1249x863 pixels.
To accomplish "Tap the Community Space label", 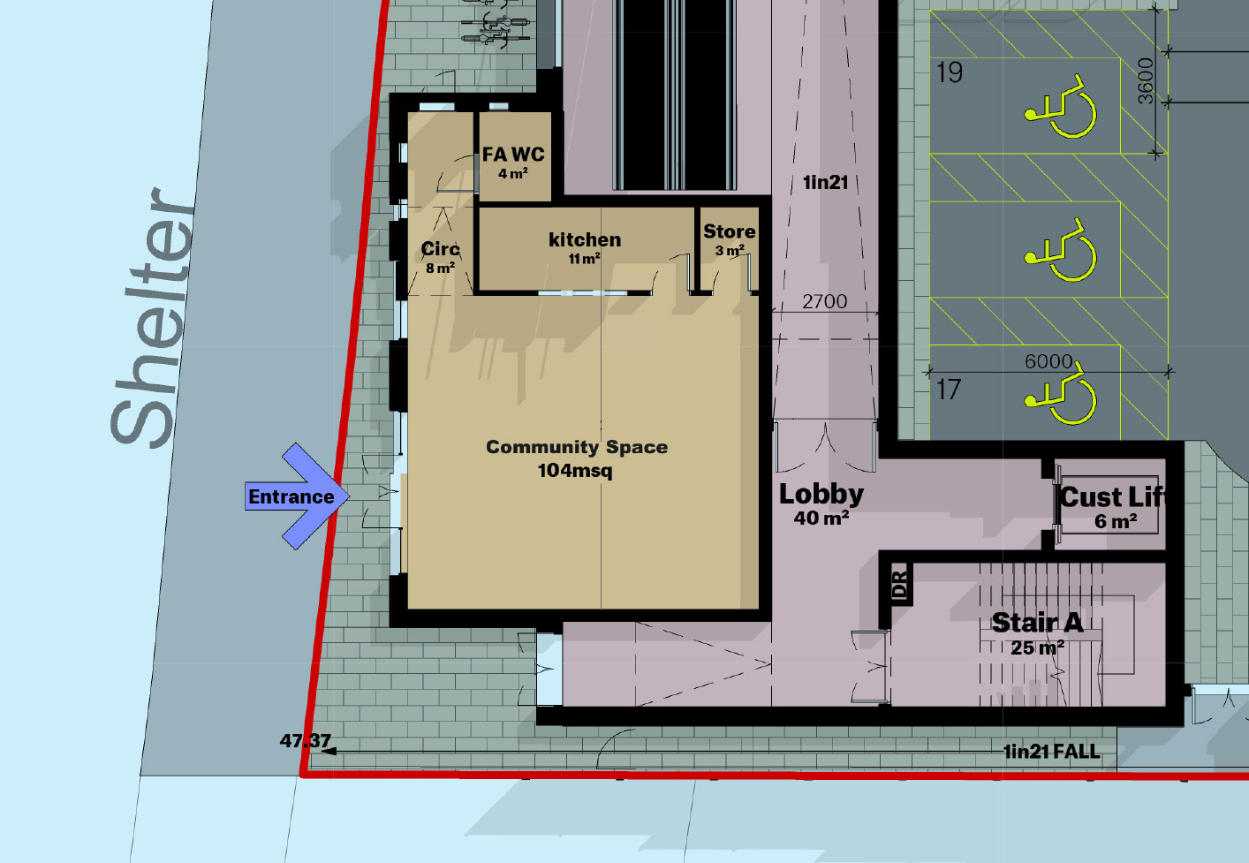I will tap(577, 447).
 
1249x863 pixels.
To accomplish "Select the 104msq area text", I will tap(575, 471).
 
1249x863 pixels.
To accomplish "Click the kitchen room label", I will tap(585, 239).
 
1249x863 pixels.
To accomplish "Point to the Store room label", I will tap(729, 231).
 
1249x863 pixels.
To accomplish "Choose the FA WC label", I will tap(513, 155).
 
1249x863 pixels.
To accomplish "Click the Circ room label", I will tap(440, 249).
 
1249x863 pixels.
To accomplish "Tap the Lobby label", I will tap(821, 495).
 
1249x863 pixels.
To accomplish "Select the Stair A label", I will tap(1037, 623).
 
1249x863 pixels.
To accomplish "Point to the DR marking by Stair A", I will tap(900, 586).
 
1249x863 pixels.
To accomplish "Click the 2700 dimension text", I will tap(824, 302).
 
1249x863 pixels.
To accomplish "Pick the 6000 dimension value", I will tap(1048, 361).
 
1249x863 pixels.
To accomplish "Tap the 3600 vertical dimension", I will tap(1146, 80).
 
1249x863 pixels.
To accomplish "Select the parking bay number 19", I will tap(950, 72).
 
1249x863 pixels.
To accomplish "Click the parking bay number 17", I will tap(949, 390).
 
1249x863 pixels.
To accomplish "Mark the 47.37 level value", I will tap(306, 741).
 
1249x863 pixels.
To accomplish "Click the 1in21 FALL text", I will tap(1051, 752).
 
